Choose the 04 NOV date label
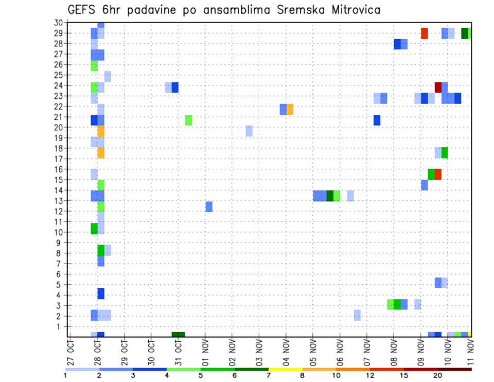click(x=286, y=353)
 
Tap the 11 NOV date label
click(x=470, y=353)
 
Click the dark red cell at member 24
click(x=438, y=88)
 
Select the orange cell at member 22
click(x=290, y=109)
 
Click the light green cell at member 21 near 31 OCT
click(x=188, y=120)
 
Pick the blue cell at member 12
click(x=209, y=206)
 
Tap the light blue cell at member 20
click(x=249, y=131)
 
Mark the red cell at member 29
click(x=425, y=33)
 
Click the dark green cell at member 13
click(x=330, y=196)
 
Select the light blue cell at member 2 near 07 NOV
click(x=357, y=315)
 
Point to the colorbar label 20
click(x=437, y=375)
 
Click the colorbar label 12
click(x=370, y=375)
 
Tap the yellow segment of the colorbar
click(x=285, y=369)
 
